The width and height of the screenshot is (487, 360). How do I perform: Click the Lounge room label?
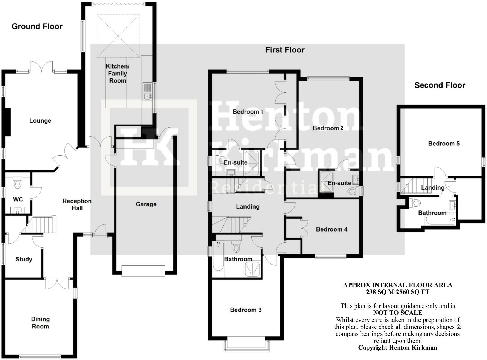click(40, 121)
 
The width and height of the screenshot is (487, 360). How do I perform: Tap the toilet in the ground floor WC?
click(18, 183)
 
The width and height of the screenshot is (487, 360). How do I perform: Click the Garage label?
click(146, 204)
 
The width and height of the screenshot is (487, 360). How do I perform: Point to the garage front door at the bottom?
click(143, 271)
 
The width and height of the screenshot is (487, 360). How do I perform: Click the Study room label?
click(24, 259)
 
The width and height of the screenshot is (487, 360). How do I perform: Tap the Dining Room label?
click(40, 323)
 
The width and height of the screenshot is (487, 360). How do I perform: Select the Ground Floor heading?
click(37, 26)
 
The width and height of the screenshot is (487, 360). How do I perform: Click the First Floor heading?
click(285, 50)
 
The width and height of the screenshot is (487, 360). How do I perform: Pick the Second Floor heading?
click(440, 85)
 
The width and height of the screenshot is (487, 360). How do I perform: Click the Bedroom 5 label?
click(444, 144)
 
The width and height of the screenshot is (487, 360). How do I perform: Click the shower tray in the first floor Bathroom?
click(252, 269)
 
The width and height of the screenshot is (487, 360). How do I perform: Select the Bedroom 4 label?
click(332, 229)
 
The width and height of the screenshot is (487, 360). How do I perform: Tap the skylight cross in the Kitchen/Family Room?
click(118, 36)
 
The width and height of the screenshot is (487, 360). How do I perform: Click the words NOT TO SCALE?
click(398, 313)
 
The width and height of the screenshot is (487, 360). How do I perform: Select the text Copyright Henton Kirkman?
click(398, 348)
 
